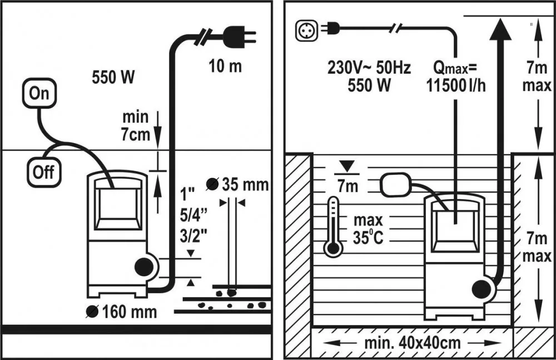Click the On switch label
[39, 93]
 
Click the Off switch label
[43, 172]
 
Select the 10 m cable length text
[225, 66]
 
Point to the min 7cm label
[136, 126]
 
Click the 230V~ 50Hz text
[369, 68]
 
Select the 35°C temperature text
[368, 237]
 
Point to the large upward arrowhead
[502, 28]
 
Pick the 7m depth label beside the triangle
[348, 186]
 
